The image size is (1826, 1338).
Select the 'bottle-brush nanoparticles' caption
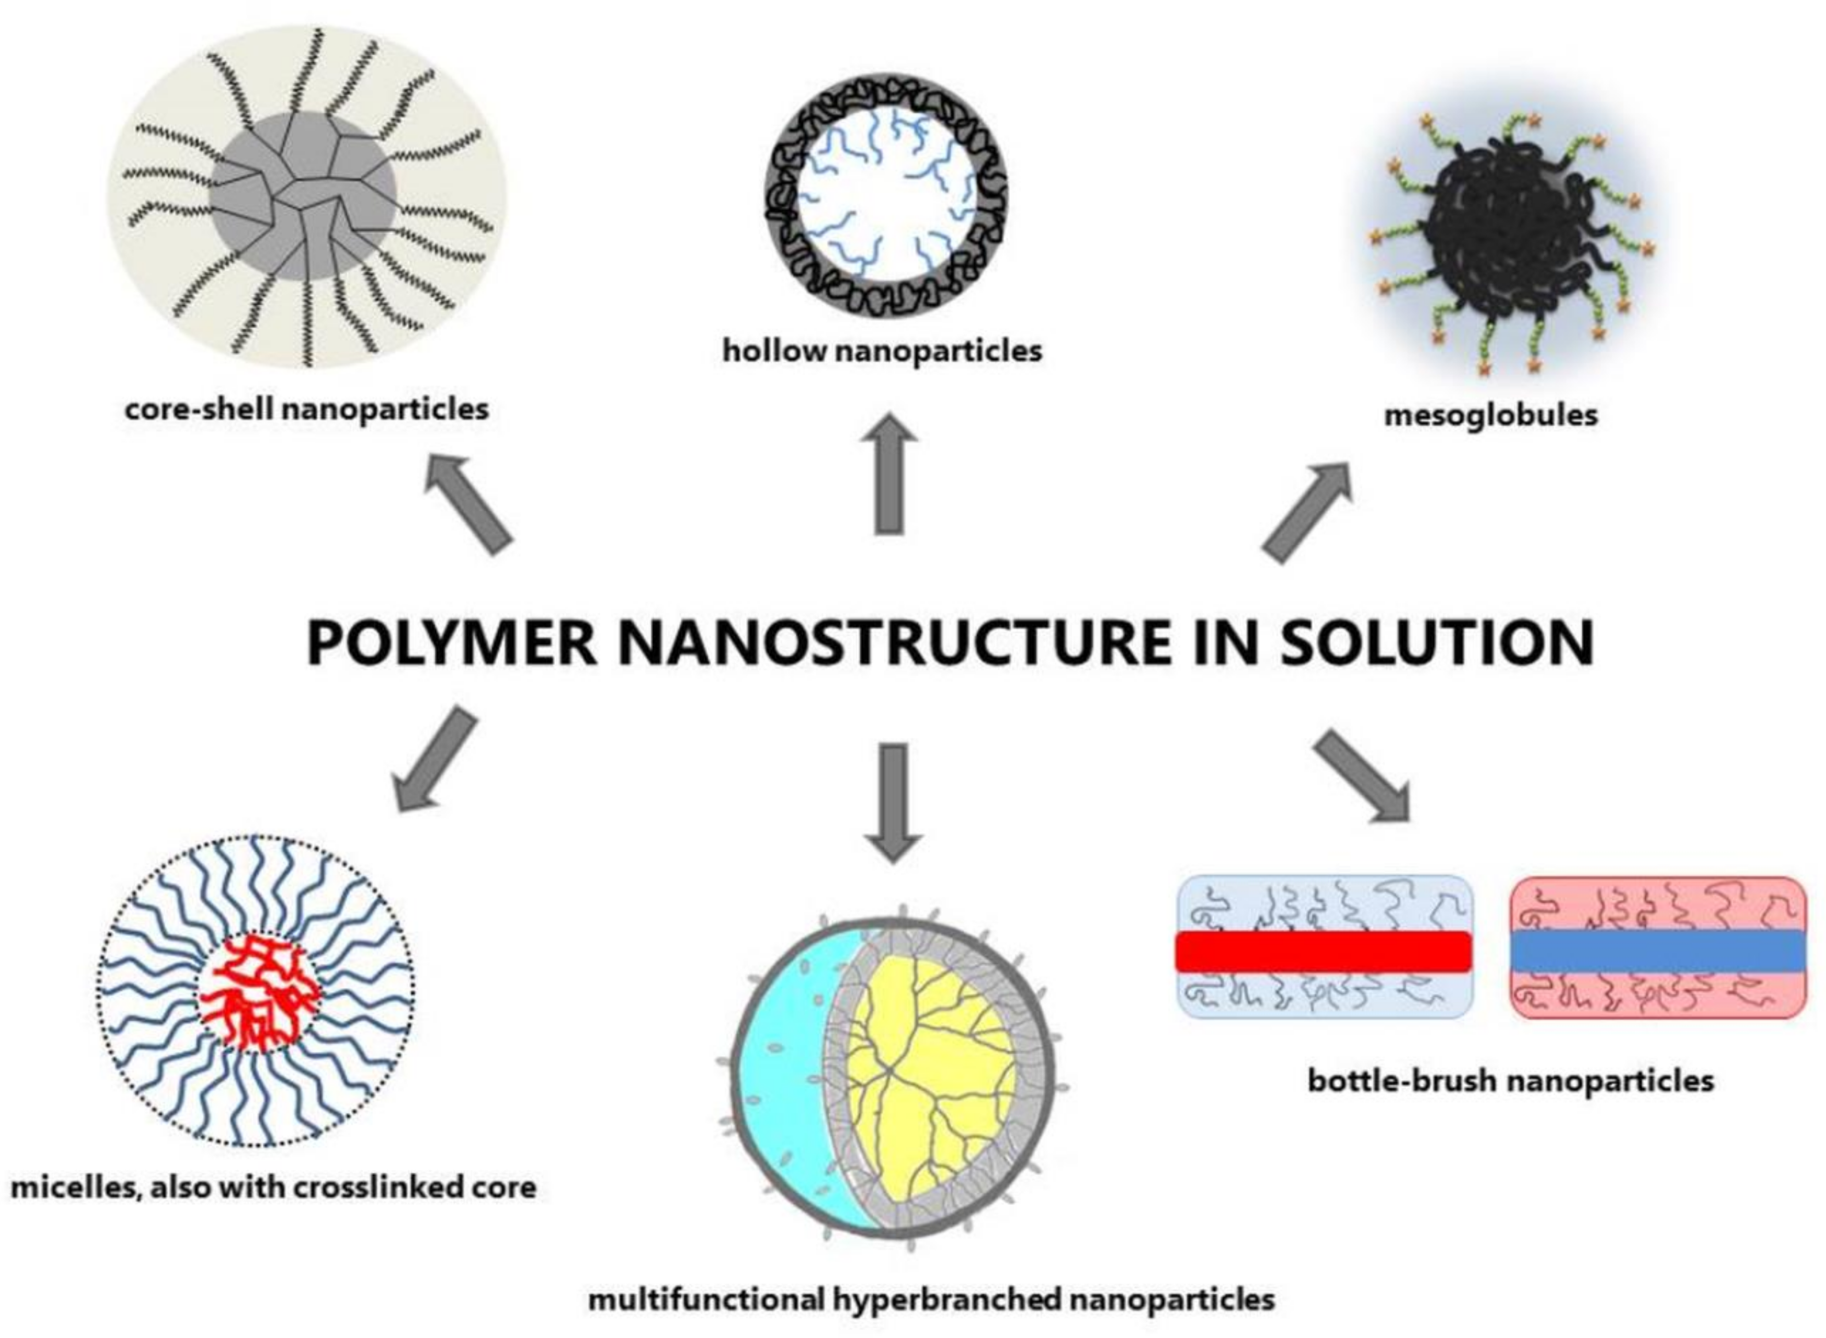1511,1081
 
